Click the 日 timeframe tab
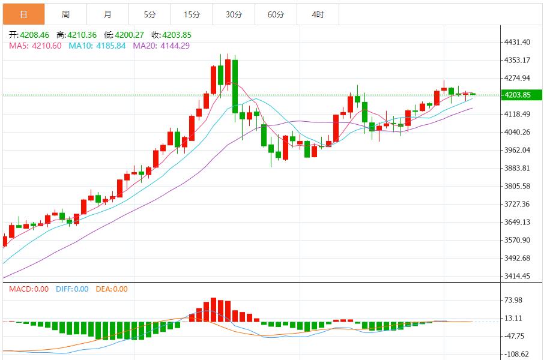[x=23, y=14]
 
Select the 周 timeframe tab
[x=65, y=14]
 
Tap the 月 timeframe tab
[x=107, y=14]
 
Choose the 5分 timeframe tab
[x=150, y=14]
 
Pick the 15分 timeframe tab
[x=192, y=14]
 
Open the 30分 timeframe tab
[x=234, y=14]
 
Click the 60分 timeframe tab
[x=276, y=14]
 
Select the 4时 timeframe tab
[x=318, y=14]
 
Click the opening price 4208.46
[x=34, y=35]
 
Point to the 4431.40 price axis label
[x=517, y=42]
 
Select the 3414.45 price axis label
[x=517, y=276]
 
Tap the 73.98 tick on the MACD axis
[x=514, y=300]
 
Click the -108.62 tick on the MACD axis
[x=516, y=354]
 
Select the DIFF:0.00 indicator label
[x=71, y=289]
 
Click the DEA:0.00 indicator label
[x=110, y=289]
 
